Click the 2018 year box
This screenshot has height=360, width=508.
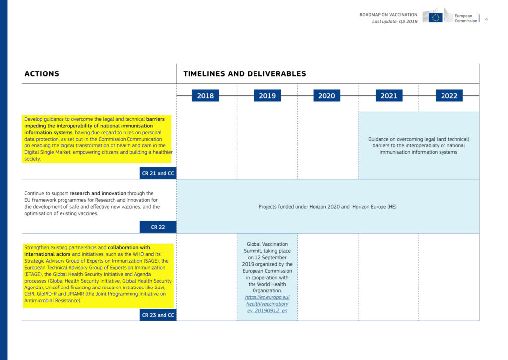(x=205, y=96)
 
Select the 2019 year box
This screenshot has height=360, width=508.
(x=267, y=96)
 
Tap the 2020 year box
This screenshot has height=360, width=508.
(x=326, y=96)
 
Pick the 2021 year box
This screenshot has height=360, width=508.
(x=388, y=96)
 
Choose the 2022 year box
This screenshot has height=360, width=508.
(x=449, y=96)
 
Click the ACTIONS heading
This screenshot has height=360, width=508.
(x=42, y=74)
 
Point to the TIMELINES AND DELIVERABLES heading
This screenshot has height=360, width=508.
(x=244, y=74)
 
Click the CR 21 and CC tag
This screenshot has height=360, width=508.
(x=158, y=173)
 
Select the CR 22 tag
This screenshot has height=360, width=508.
(x=158, y=227)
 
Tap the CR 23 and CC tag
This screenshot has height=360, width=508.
(x=158, y=315)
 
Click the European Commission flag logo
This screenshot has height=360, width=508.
(x=436, y=17)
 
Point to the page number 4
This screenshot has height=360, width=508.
(x=486, y=19)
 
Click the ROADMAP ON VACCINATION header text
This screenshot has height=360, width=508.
(x=388, y=15)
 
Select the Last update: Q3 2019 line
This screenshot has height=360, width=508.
(x=394, y=22)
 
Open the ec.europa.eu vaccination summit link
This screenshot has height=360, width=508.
(x=267, y=304)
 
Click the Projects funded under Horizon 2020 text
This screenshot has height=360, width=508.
(x=327, y=206)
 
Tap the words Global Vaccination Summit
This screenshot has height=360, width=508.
(x=267, y=247)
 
